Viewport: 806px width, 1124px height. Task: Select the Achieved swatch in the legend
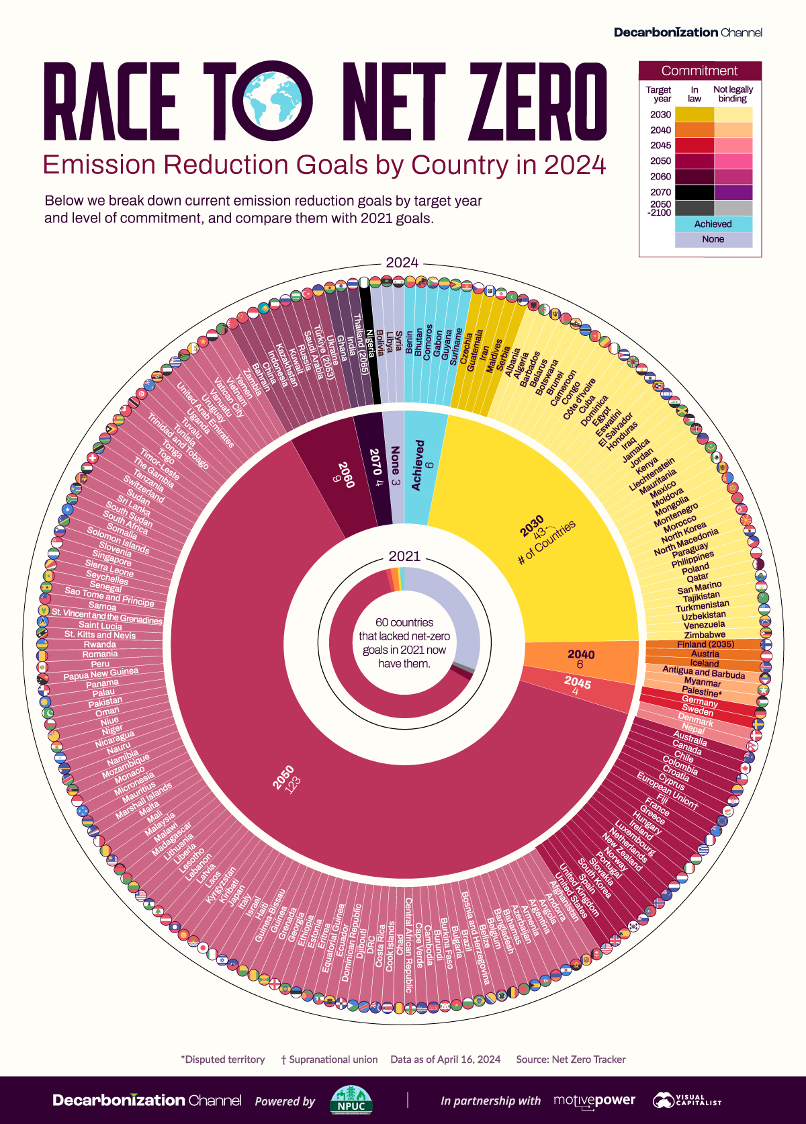[x=713, y=224]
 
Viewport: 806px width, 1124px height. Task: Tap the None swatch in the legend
[x=713, y=239]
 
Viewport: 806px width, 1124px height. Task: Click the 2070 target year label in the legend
[x=660, y=192]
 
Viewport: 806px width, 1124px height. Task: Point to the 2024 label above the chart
[x=402, y=263]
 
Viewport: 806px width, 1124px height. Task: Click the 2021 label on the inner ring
[x=404, y=556]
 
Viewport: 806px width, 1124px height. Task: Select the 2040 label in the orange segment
[x=581, y=654]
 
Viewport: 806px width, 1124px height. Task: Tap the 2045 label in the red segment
[x=578, y=683]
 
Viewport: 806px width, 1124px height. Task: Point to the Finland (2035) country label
[x=705, y=644]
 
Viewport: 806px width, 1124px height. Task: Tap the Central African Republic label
[x=408, y=944]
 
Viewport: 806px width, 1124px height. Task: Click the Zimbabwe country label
[x=705, y=634]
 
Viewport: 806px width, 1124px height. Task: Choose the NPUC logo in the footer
[x=351, y=1100]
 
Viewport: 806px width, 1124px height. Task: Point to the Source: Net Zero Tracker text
[x=570, y=1060]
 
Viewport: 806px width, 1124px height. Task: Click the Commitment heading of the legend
[x=699, y=71]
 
